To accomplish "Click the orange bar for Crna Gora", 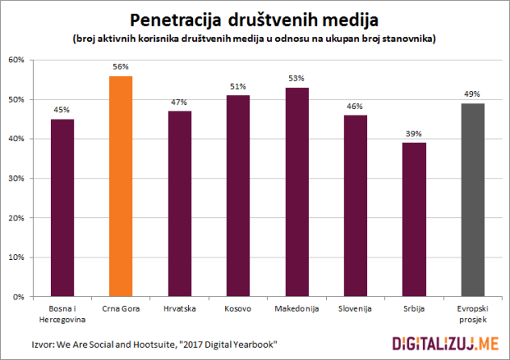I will (120, 186).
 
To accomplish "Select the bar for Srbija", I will (414, 220).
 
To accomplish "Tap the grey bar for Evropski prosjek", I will (473, 200).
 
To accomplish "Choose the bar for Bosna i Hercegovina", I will (62, 207).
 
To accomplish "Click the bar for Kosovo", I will (238, 196).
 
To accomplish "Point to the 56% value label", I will (120, 68).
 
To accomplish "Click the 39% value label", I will (414, 135).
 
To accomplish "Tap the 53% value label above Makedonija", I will (297, 79).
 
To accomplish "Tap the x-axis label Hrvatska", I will (179, 309).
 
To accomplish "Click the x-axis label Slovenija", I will (355, 309).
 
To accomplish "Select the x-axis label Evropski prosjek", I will (473, 313).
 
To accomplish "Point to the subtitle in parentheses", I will (254, 40).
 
